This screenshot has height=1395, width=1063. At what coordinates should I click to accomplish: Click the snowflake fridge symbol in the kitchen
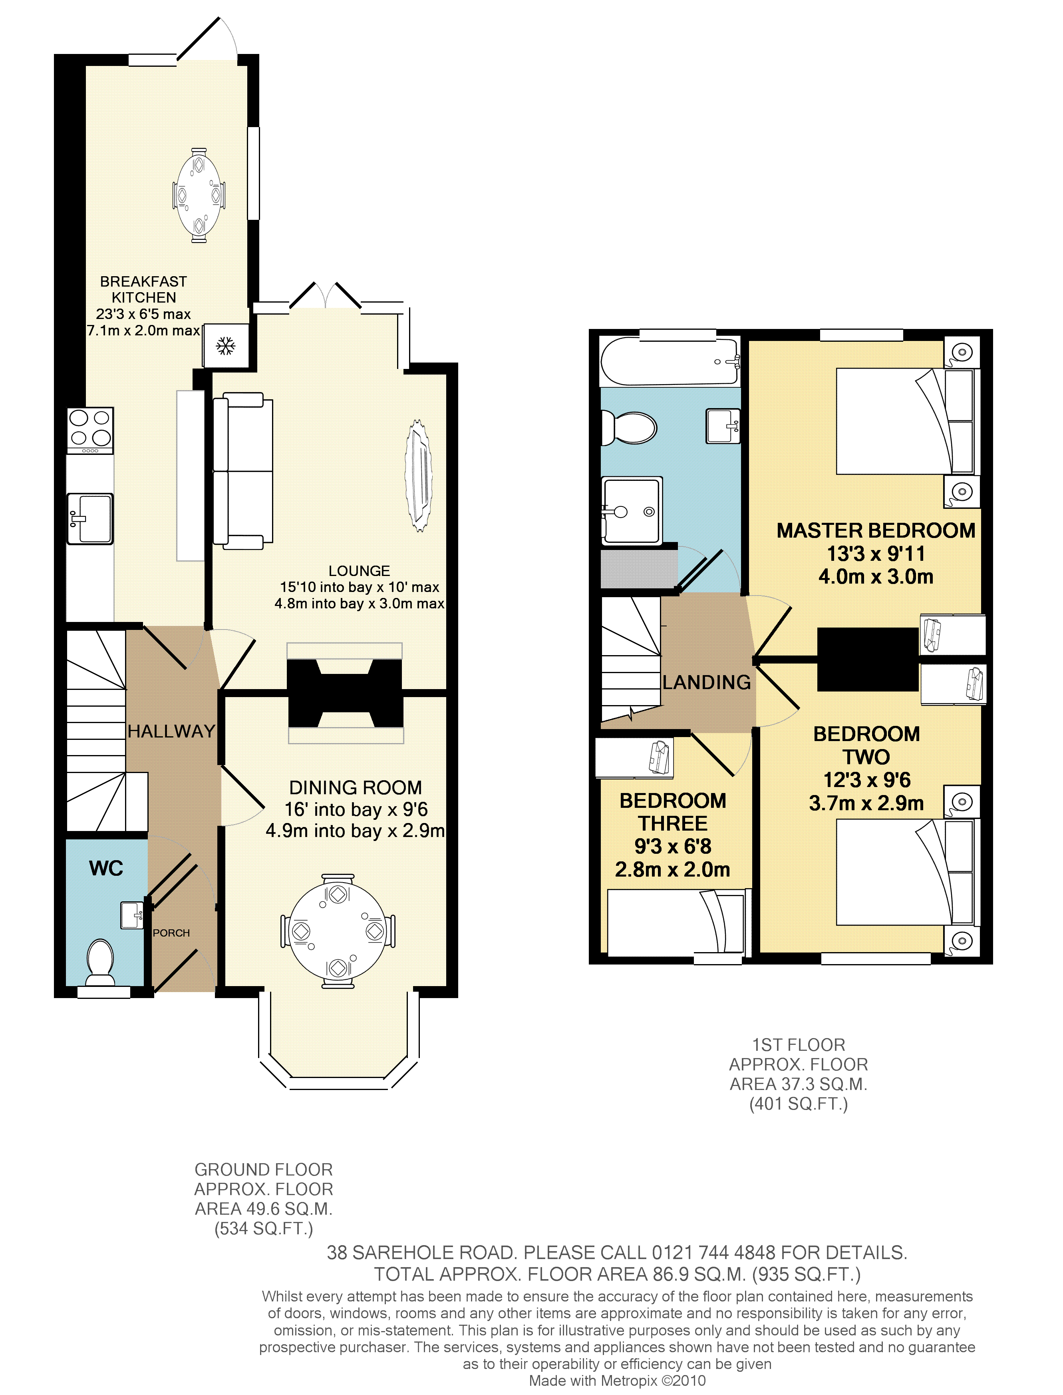[x=226, y=346]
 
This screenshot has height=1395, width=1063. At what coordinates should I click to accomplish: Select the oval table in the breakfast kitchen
[x=199, y=195]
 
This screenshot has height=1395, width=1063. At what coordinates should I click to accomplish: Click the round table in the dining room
[x=338, y=931]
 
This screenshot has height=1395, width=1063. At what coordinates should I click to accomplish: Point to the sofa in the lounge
[x=243, y=470]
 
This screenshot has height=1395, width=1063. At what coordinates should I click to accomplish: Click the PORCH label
[x=171, y=933]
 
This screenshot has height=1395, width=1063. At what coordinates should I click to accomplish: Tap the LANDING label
[x=707, y=682]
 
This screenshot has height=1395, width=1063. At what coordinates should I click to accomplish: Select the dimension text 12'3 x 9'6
[x=867, y=780]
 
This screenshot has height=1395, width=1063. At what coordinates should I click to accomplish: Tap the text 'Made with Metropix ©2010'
[x=617, y=1381]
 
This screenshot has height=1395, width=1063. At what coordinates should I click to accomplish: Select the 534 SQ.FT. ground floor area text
[x=264, y=1229]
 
